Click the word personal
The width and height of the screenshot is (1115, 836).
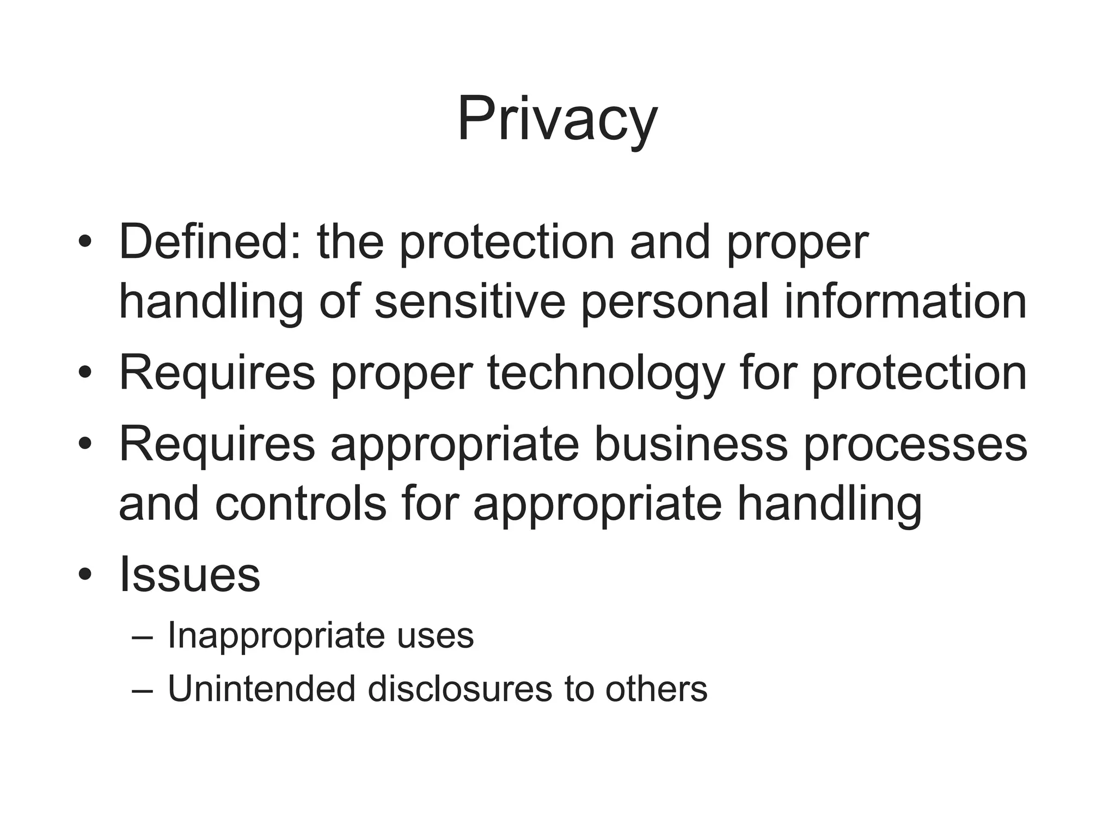[675, 303]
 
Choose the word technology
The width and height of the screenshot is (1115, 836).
[605, 374]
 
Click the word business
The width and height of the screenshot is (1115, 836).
[690, 445]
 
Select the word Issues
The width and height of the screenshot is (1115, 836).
[189, 575]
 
